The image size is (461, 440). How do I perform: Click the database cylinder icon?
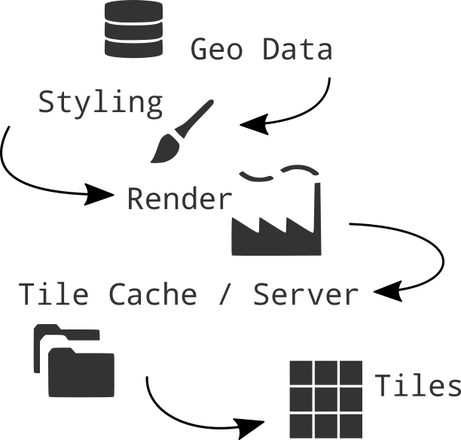(x=133, y=29)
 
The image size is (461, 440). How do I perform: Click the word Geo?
(x=217, y=49)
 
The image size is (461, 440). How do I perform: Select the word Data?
(x=298, y=49)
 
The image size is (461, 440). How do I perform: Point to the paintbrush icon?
(x=182, y=131)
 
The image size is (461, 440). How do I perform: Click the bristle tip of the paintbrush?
(x=152, y=161)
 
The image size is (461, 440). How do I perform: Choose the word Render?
(x=180, y=199)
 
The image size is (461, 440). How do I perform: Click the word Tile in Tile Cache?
(x=53, y=294)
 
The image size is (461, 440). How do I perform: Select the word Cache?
(x=153, y=294)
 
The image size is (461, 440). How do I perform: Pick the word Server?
(x=306, y=294)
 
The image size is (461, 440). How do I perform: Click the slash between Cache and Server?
(x=224, y=294)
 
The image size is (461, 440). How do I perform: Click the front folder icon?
(x=81, y=372)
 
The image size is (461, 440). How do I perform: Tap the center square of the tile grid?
(x=326, y=399)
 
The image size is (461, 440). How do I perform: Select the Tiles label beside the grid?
(x=418, y=385)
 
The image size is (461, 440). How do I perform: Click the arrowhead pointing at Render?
(x=99, y=194)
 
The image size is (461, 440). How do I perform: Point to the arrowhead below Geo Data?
(x=254, y=124)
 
